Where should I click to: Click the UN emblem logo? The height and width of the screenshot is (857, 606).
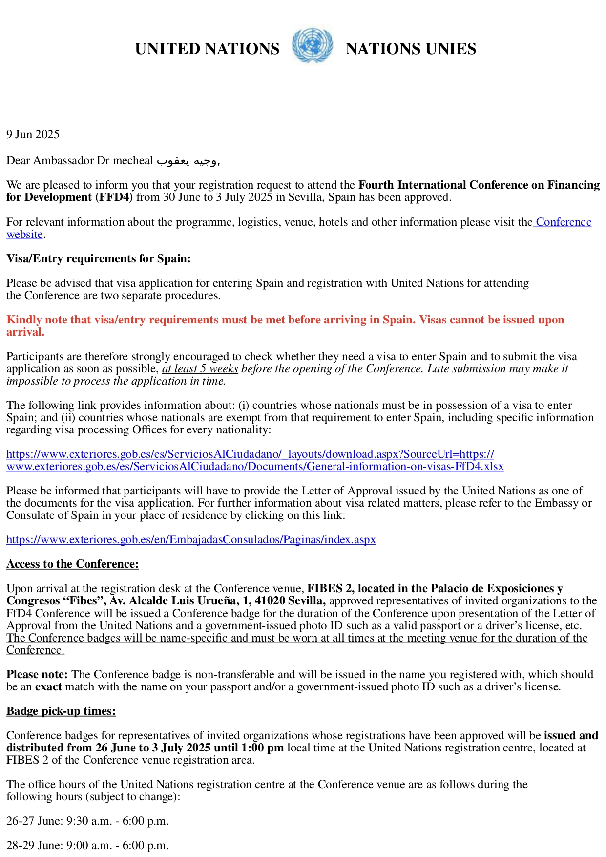pos(313,45)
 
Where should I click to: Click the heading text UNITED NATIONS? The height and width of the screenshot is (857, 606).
pos(207,49)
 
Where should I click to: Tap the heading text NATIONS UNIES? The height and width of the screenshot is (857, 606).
pos(411,49)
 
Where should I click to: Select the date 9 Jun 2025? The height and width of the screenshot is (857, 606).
pos(33,135)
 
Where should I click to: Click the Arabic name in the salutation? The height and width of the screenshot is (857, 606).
pos(187,161)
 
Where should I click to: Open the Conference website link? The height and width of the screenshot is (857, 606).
pos(564,222)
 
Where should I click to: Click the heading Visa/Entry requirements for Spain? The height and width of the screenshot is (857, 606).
pos(99,258)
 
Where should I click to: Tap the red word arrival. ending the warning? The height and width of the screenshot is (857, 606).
pos(25,332)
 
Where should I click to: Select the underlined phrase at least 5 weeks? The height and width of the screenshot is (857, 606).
pos(200,369)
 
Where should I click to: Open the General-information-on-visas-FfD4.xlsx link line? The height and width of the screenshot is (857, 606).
pos(255,467)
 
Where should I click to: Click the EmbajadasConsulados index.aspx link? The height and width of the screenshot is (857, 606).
pos(191,540)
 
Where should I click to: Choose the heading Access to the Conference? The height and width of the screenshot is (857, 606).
pos(72,564)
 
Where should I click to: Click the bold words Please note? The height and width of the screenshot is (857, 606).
pos(37,675)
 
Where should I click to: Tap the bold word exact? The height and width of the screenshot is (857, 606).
pos(48,687)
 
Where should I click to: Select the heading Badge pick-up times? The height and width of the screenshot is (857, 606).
pos(61,711)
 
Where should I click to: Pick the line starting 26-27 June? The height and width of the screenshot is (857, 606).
pos(87,821)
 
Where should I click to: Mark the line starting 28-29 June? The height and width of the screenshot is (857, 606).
pos(87,846)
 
